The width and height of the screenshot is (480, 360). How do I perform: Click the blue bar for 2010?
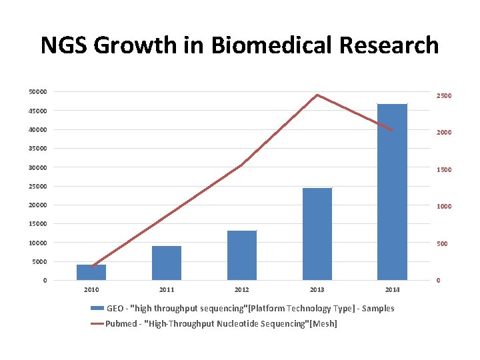pyautogui.click(x=91, y=272)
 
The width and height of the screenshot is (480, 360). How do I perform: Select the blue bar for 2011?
pyautogui.click(x=167, y=263)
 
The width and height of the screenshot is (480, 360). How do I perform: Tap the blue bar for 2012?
pyautogui.click(x=242, y=255)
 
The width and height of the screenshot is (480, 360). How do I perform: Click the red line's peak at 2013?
pyautogui.click(x=317, y=95)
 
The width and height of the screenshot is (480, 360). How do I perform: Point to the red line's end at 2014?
pyautogui.click(x=393, y=130)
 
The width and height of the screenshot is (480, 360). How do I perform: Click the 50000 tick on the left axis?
pyautogui.click(x=37, y=91)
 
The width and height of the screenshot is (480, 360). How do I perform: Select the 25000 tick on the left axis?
pyautogui.click(x=37, y=186)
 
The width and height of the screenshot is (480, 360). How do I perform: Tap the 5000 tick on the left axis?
pyautogui.click(x=39, y=261)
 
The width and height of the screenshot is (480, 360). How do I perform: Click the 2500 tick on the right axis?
pyautogui.click(x=444, y=95)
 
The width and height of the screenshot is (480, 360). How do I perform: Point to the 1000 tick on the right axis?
pyautogui.click(x=444, y=207)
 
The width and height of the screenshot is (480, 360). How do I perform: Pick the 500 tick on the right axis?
pyautogui.click(x=443, y=244)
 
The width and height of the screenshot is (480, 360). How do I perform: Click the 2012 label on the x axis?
pyautogui.click(x=242, y=290)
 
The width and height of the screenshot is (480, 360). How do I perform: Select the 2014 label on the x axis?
pyautogui.click(x=393, y=290)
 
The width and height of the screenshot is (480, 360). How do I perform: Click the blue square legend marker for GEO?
pyautogui.click(x=97, y=309)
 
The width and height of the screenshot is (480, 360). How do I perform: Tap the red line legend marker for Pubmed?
pyautogui.click(x=97, y=324)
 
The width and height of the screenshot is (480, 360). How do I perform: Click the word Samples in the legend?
pyautogui.click(x=377, y=309)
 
